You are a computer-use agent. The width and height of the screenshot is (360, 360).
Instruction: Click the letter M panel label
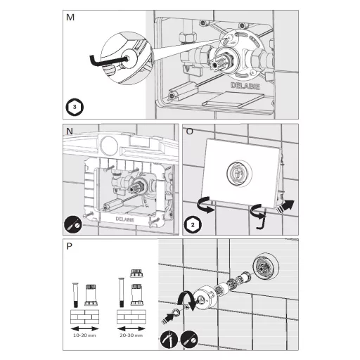click(x=70, y=18)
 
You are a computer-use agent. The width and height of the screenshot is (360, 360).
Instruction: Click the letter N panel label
click(x=70, y=131)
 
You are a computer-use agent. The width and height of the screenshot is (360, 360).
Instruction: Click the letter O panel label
click(x=189, y=131)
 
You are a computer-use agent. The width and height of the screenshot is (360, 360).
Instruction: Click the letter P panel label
click(x=69, y=246)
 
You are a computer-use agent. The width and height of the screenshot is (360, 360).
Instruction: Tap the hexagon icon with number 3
click(x=75, y=107)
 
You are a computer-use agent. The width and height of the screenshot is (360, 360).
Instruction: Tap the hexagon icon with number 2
click(x=193, y=225)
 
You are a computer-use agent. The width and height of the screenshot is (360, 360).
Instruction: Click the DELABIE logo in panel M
click(x=245, y=86)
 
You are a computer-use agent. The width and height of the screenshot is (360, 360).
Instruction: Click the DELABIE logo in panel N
click(x=125, y=219)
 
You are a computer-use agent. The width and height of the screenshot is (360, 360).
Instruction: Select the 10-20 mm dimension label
click(x=84, y=335)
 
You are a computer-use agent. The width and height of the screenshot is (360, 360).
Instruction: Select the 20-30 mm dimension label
click(x=131, y=335)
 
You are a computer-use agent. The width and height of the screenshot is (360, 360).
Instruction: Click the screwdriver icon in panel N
click(x=73, y=225)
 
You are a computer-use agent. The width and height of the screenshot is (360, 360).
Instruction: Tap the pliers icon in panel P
click(x=169, y=339)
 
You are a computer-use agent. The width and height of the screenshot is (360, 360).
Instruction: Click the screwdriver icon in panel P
click(x=189, y=339)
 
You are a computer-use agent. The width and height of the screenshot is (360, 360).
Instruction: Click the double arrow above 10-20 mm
click(x=84, y=328)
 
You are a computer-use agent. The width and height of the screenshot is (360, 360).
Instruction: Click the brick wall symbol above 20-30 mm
click(x=131, y=317)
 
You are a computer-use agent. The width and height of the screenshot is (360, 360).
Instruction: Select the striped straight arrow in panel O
click(x=285, y=207)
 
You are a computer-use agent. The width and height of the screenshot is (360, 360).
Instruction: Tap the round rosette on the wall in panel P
click(x=266, y=266)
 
